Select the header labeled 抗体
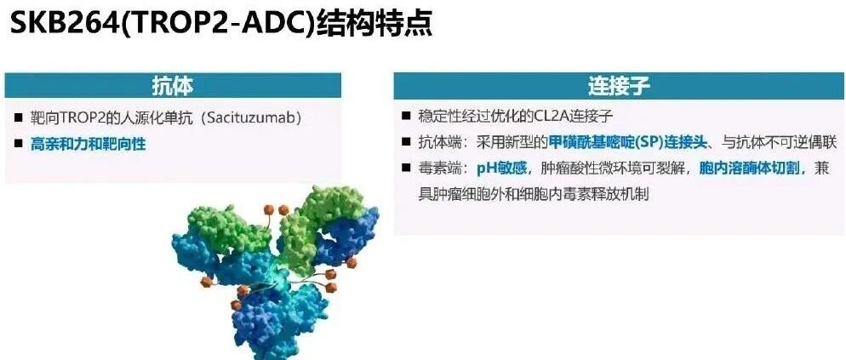tap(173, 85)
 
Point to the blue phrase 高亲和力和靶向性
tap(88, 144)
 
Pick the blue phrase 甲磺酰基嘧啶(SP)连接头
tap(627, 142)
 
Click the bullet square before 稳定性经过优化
tap(406, 116)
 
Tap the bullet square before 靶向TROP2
tap(20, 117)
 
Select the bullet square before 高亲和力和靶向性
tap(20, 144)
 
